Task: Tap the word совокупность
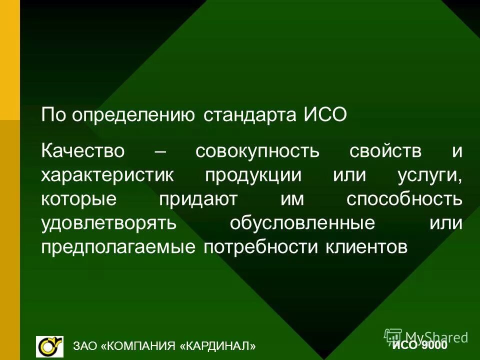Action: tap(257, 151)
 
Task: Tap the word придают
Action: tap(199, 199)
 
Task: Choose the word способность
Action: tap(404, 199)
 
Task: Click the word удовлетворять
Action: tap(109, 223)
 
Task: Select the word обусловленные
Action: tap(302, 223)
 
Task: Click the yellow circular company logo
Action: tap(49, 345)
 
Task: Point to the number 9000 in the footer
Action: tap(433, 345)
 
